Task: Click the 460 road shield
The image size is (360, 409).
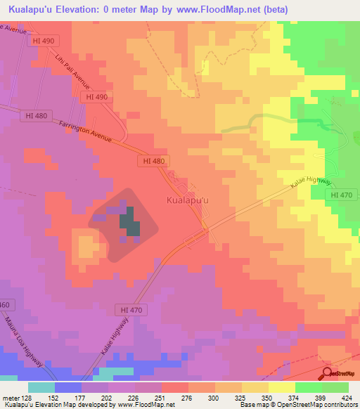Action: pos(5,304)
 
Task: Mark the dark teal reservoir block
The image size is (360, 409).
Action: pos(129,223)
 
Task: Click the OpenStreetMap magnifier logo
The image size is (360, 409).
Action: pos(328,373)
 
